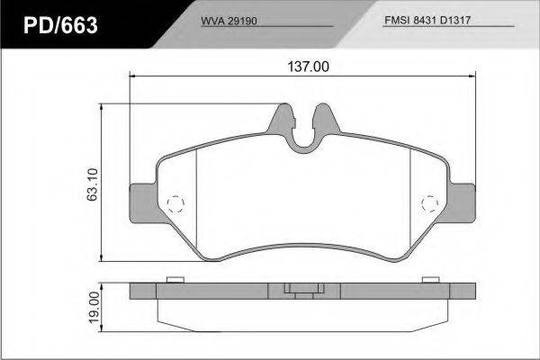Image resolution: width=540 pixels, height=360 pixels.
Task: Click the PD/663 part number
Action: coord(60,25)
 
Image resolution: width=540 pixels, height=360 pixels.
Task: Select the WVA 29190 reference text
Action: coord(229,21)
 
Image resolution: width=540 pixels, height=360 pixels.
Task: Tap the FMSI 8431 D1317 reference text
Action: coord(427,20)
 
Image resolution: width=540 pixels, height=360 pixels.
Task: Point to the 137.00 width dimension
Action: coord(308,67)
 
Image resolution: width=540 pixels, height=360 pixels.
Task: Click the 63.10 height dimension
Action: coord(93,184)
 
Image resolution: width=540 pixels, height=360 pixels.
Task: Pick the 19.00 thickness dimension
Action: coord(94,307)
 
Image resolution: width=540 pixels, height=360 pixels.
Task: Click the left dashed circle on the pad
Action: coord(175,204)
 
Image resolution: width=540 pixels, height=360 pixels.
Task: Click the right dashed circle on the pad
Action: coord(430,203)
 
